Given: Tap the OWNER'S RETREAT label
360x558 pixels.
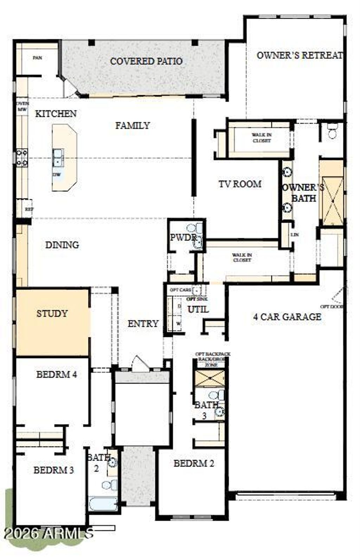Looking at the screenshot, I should pos(299,55).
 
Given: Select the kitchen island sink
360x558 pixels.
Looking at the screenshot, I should pos(58,157).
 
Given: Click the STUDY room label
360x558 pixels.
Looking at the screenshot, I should pos(52,313).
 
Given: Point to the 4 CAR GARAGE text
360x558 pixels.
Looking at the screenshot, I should pos(287,317).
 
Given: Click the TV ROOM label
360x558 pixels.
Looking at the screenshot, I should pos(240,184).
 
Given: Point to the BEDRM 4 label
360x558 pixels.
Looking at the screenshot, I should pos(57,375).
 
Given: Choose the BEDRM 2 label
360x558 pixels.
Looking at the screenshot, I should pos(194,463).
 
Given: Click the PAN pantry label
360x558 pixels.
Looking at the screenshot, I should pos(37,58).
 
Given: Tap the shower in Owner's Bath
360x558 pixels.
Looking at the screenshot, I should pos(332,201).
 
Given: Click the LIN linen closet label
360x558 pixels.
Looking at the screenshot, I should pos(295,235).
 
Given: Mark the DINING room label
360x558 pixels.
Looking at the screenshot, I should pos(62,245).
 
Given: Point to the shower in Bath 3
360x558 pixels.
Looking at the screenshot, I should pos(209,378).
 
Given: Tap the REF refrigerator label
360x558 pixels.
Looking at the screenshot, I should pos(29,209).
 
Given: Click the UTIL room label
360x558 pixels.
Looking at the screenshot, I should pos(198,310).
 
